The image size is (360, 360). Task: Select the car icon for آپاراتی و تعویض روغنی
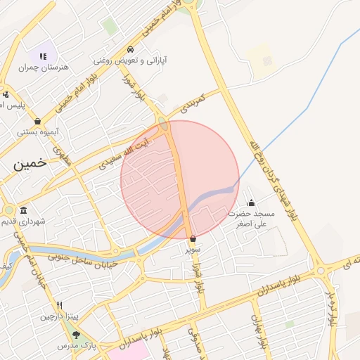tap(131, 50)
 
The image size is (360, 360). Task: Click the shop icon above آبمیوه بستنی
tap(37, 121)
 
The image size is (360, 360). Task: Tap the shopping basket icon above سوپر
tap(193, 239)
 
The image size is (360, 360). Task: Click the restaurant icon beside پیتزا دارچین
tap(60, 306)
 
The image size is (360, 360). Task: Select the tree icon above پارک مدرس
tap(76, 335)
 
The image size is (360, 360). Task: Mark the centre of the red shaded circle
tap(180, 180)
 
